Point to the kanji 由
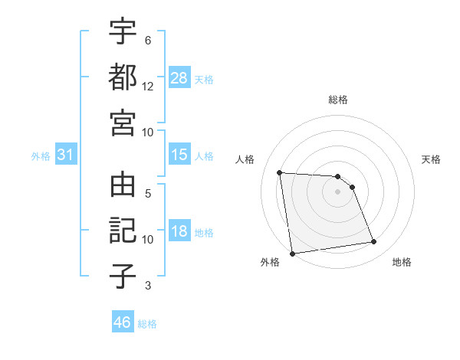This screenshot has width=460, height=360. pos(123,186)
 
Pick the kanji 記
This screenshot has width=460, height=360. pos(123,231)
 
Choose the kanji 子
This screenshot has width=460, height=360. pos(123,277)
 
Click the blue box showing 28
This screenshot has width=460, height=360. pos(179,77)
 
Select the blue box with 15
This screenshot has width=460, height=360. pos(179,155)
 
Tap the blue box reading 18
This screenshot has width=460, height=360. pos(179,231)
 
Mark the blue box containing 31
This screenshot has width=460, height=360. pos(65,155)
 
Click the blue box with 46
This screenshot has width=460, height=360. pos(122,322)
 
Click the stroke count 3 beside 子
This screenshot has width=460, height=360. pos(147,286)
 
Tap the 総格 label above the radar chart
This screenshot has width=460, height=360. pos(338,100)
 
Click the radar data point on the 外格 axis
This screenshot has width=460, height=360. pos(292,254)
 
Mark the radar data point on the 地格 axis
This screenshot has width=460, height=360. pos(373,242)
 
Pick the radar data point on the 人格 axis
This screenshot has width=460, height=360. pos(279,172)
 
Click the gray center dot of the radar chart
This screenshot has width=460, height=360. pos(338,191)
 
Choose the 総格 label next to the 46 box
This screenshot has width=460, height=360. pos(147,323)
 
